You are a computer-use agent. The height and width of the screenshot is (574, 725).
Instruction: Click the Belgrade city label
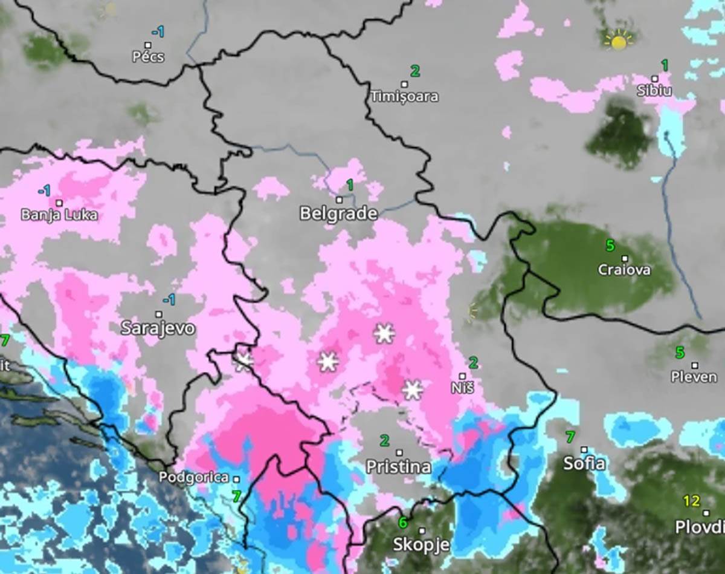coord(338,214)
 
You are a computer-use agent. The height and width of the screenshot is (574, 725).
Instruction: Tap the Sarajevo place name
coord(158,328)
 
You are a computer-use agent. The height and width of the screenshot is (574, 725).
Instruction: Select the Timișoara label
coord(404,97)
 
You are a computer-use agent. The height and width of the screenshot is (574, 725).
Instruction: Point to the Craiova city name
coord(624,270)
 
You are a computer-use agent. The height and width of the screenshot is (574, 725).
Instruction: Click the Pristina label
coord(399,467)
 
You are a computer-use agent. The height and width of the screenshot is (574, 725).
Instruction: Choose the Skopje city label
coord(421,544)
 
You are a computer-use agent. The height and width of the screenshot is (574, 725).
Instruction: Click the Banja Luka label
coord(59,215)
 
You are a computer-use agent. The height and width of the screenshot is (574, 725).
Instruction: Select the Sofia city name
coord(584,464)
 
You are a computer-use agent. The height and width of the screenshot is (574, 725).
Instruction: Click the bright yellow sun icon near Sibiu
coord(618,41)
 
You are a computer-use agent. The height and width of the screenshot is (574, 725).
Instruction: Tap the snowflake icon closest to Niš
coord(413,390)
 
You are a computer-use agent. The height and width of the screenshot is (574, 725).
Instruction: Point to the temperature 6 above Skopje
coord(402,522)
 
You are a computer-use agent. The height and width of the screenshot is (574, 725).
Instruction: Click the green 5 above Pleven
coord(680,352)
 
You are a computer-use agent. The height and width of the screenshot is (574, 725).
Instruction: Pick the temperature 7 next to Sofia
coord(570,436)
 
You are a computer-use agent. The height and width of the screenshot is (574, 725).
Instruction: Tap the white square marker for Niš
coord(462,376)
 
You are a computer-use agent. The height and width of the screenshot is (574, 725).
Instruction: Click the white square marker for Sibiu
coord(655,79)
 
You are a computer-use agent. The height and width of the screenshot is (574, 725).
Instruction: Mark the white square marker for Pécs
coord(148,45)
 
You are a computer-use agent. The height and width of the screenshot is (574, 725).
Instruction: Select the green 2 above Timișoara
coord(415,71)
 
